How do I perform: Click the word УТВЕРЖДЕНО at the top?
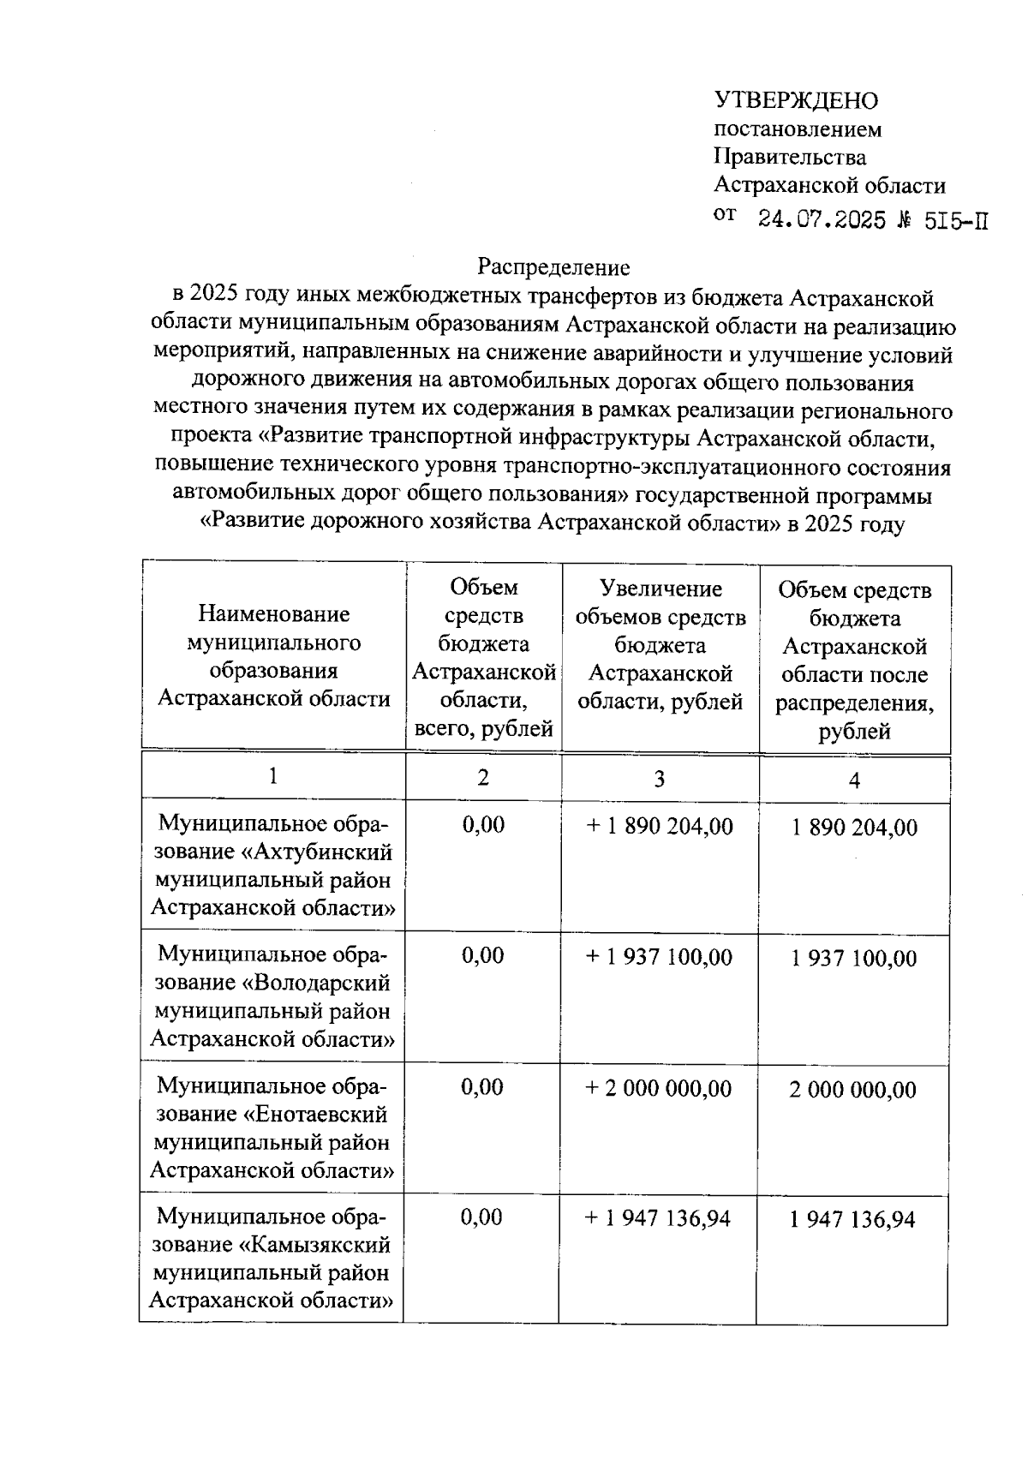[796, 101]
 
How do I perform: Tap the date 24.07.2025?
[822, 220]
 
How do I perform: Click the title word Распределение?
[553, 268]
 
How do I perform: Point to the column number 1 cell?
[272, 776]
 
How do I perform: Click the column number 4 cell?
[853, 780]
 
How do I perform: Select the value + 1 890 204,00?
[660, 827]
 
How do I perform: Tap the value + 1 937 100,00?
[659, 958]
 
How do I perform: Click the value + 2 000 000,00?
[658, 1089]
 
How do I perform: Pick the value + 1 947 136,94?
[657, 1219]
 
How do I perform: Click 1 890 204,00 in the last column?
[854, 828]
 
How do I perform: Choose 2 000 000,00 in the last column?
[852, 1090]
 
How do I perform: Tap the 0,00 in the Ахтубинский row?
[483, 825]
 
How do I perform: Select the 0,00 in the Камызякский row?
[481, 1217]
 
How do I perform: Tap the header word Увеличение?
[660, 589]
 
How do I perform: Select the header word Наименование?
[273, 614]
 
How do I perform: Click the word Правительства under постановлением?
[790, 158]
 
